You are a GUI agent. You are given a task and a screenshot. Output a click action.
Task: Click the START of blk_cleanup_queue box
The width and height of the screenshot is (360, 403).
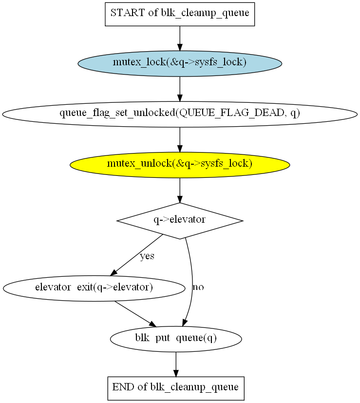pos(180,13)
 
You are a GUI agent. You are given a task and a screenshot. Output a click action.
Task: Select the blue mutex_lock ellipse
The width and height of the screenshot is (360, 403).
pos(180,63)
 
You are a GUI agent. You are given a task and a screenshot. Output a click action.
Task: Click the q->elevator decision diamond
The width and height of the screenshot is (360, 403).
pos(180,220)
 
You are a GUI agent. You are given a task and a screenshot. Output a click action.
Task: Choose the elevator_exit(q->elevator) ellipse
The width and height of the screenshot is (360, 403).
pos(94,288)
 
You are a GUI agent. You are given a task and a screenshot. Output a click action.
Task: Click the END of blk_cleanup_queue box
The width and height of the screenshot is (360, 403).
pos(175,388)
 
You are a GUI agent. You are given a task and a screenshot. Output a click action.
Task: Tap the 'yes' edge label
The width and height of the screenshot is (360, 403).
pos(147,256)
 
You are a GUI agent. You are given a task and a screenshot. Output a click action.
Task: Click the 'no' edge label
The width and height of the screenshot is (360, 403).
pos(198,287)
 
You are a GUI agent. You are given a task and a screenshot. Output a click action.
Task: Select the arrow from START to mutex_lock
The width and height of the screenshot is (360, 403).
pos(180,38)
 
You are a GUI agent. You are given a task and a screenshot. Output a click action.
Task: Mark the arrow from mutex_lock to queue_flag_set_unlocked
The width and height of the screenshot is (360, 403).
pos(180,88)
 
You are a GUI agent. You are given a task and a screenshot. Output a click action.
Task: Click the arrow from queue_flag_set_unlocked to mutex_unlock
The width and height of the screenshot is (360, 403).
pos(180,139)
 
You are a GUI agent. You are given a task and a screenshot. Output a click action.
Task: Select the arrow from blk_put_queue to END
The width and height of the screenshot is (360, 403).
pos(176,364)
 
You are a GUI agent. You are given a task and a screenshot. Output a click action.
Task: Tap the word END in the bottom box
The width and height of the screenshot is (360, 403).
pos(122,388)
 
